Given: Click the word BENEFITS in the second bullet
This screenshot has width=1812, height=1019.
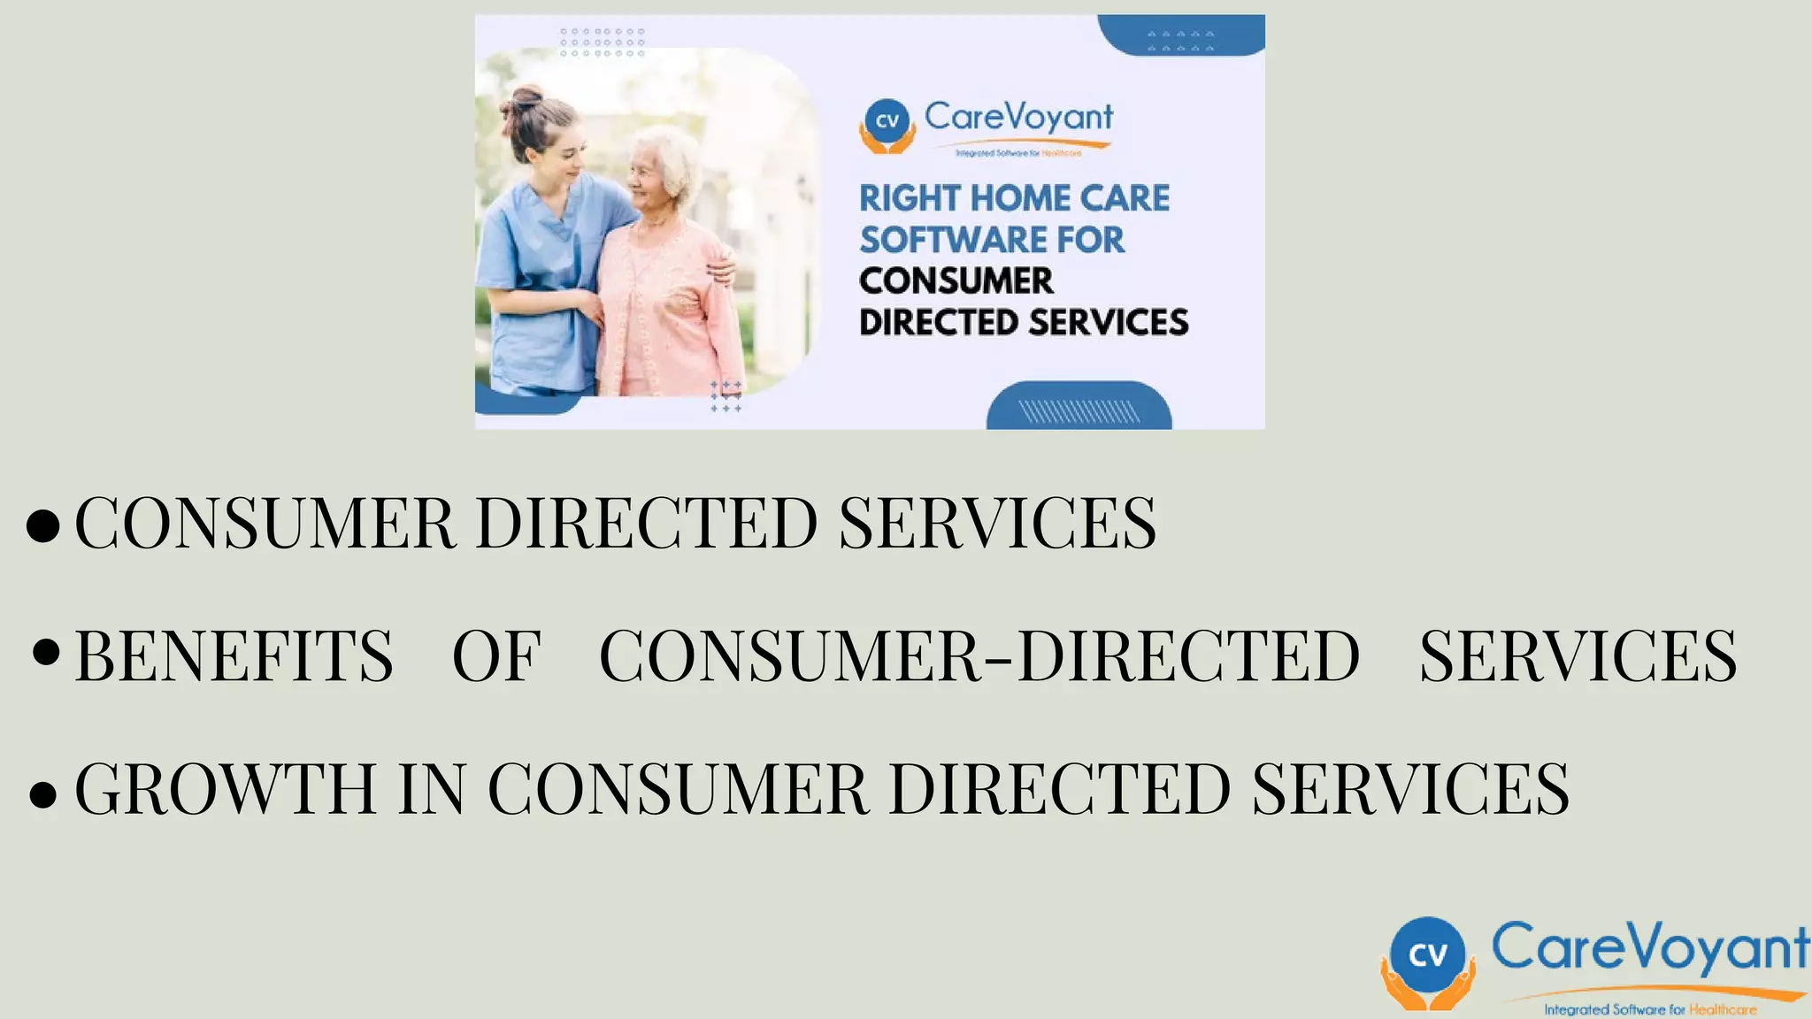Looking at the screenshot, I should point(234,656).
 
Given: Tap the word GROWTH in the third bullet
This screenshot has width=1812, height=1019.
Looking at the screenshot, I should point(226,788).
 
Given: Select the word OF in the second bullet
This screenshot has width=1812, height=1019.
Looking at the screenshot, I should point(496,656).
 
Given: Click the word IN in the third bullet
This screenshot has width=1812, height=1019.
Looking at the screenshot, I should point(432,788).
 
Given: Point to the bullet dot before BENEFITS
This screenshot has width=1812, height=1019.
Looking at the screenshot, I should point(45,653).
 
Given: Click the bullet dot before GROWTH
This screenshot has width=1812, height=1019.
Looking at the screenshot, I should point(42,793).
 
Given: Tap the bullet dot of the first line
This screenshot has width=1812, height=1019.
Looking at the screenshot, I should point(43,525).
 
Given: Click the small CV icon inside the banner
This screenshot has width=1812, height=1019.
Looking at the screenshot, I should point(887,121).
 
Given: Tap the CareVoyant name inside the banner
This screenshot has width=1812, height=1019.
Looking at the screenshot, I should point(1018,117).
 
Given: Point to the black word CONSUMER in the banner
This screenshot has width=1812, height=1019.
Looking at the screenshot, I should point(956,281).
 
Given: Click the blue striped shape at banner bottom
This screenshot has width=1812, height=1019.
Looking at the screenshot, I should point(1079,409).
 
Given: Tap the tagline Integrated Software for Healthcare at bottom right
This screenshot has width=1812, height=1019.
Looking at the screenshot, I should point(1650,1009).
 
